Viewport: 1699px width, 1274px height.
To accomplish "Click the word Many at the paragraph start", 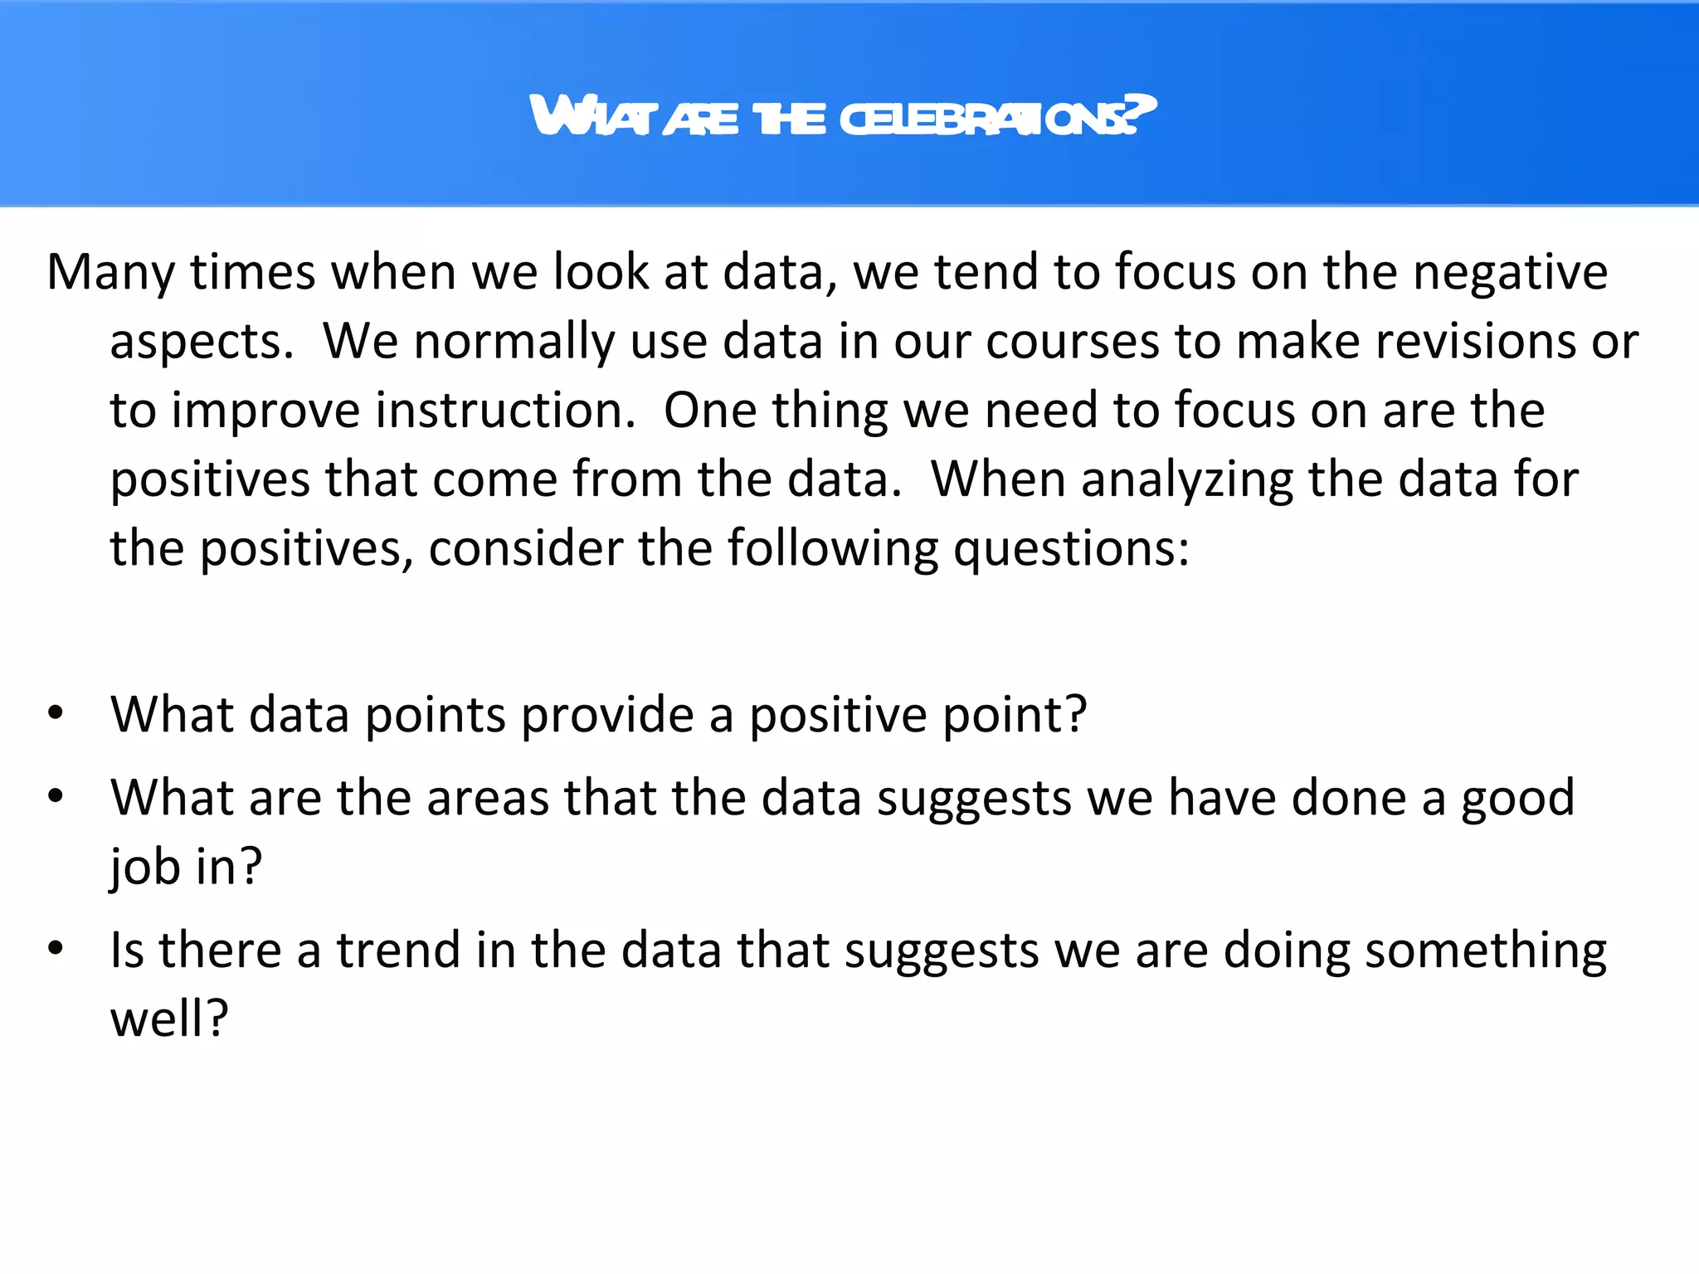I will pyautogui.click(x=111, y=272).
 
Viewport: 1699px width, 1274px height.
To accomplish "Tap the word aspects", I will pyautogui.click(x=202, y=342).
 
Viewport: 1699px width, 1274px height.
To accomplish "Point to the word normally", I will pyautogui.click(x=514, y=342).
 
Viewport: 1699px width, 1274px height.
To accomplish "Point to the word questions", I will pyautogui.click(x=1071, y=549).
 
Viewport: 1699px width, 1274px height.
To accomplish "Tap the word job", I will pyautogui.click(x=145, y=867).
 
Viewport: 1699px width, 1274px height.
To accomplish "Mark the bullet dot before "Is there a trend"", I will pyautogui.click(x=56, y=948).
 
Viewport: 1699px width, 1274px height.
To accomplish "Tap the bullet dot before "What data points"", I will pyautogui.click(x=56, y=712).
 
